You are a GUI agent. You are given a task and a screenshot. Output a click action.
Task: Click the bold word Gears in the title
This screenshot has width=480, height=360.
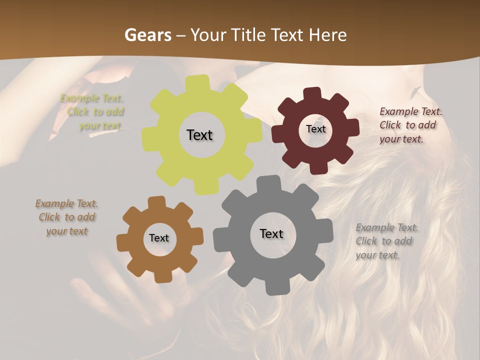pos(147,35)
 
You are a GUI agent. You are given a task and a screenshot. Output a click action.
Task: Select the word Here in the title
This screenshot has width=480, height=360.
pos(327,35)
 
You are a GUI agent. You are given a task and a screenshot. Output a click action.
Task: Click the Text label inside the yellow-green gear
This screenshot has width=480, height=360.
pos(199,135)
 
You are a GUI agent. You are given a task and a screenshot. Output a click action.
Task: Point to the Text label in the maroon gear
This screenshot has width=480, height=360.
pos(315,129)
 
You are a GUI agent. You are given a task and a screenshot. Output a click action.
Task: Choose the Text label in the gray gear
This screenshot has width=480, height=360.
pos(271,233)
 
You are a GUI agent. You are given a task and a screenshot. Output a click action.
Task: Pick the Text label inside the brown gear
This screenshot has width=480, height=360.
pos(159,238)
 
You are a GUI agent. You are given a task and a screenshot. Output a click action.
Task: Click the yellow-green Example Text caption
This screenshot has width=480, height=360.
pos(93,111)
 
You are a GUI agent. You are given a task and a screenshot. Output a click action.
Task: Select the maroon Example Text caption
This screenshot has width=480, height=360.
pos(410,125)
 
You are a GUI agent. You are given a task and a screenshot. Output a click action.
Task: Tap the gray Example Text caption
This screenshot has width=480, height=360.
pos(386,241)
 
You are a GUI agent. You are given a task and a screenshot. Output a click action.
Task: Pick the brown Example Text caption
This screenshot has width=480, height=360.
pos(67,217)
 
